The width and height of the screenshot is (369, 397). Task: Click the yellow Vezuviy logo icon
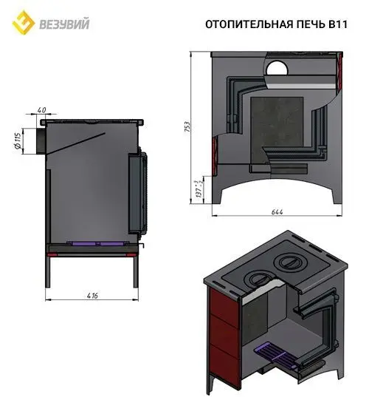[x=24, y=24]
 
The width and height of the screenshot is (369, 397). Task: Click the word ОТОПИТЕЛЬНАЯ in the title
[x=240, y=24]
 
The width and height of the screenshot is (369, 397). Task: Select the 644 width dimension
[x=277, y=212]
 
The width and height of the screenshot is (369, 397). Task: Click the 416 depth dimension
[x=92, y=295]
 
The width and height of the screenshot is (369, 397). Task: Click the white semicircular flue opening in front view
[x=278, y=69]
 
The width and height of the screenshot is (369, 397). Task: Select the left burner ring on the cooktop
[x=257, y=279]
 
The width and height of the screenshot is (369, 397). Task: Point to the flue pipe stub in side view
[x=35, y=140]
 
